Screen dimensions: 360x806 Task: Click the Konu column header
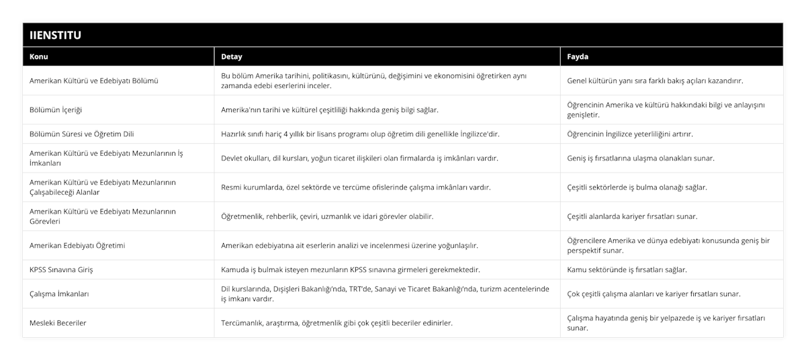click(x=39, y=56)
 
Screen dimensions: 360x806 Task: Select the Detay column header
click(x=232, y=56)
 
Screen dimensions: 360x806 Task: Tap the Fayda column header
click(x=578, y=56)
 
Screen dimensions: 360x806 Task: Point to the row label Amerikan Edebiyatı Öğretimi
click(x=77, y=245)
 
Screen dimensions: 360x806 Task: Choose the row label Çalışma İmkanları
click(x=60, y=294)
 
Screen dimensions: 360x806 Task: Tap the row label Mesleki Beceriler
click(x=58, y=322)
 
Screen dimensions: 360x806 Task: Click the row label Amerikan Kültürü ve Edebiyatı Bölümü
click(x=94, y=81)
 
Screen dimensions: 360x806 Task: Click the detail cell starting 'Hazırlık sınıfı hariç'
click(x=360, y=134)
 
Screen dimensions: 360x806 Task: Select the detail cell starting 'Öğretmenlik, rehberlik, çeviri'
click(x=327, y=216)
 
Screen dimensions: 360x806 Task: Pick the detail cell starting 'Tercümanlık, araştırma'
click(x=337, y=322)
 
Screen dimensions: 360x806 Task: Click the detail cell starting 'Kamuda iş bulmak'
click(x=351, y=269)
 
